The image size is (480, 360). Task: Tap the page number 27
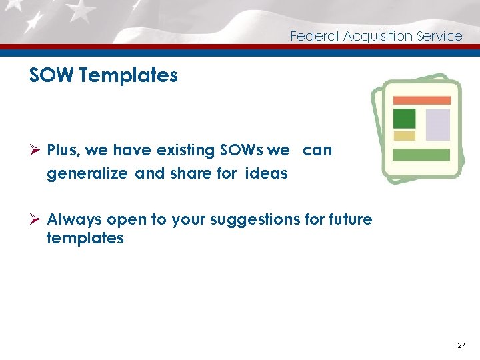(461, 345)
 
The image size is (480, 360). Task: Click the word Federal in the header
(315, 36)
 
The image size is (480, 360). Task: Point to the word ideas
(267, 174)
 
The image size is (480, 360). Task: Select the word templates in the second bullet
(85, 238)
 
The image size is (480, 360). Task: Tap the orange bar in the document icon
(421, 101)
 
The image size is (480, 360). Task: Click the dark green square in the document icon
(404, 118)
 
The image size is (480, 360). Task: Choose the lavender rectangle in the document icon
(438, 125)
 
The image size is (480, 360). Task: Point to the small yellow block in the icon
(404, 136)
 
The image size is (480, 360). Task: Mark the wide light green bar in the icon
(421, 155)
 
